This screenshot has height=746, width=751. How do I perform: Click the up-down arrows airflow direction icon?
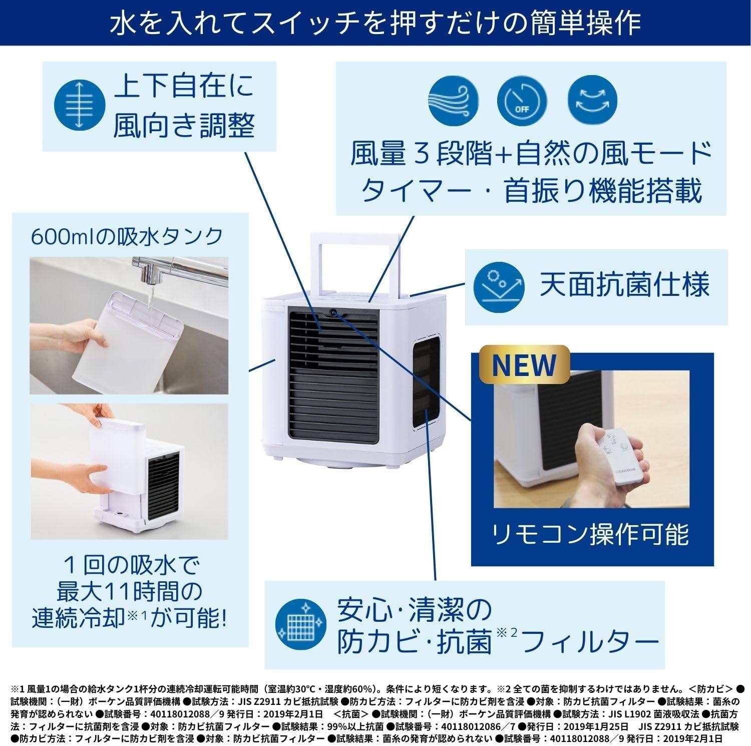point(78,107)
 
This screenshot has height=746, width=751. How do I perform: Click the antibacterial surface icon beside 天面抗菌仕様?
point(499,285)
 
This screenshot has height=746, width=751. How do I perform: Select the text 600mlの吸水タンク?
point(127,236)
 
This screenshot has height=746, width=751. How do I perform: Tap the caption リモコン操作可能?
point(591,534)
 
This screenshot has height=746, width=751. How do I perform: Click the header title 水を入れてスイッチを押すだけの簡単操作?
point(375,23)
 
